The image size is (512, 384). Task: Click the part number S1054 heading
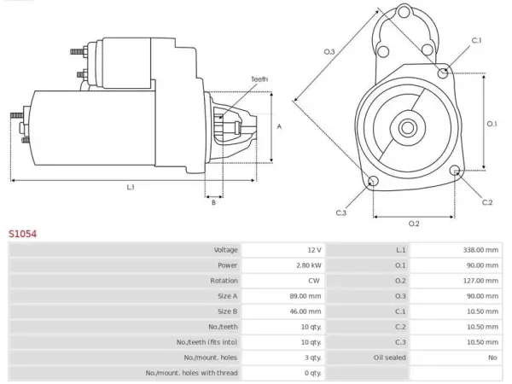point(22,234)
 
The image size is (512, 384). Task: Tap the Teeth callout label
point(259,79)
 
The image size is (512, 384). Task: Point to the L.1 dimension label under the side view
point(131,187)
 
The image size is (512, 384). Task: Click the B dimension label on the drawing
point(213,202)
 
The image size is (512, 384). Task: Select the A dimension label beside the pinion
point(279,126)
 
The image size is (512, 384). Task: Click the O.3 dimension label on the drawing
point(329,51)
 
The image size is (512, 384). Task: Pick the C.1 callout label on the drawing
point(476,40)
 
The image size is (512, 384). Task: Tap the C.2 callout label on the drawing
point(487,202)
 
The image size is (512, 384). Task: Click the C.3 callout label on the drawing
point(340,212)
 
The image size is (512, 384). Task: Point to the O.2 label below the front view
point(414,224)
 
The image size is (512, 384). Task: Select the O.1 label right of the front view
point(492,124)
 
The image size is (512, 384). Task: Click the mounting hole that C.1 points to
point(443,73)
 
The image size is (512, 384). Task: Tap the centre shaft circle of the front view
point(407,128)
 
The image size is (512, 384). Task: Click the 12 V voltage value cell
point(282,250)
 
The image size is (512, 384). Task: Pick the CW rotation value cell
point(282,281)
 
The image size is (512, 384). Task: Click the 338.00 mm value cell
point(456,250)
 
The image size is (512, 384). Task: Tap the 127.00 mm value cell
point(456,281)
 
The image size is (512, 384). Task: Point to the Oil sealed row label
point(390,358)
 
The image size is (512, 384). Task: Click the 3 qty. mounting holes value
point(313,358)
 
